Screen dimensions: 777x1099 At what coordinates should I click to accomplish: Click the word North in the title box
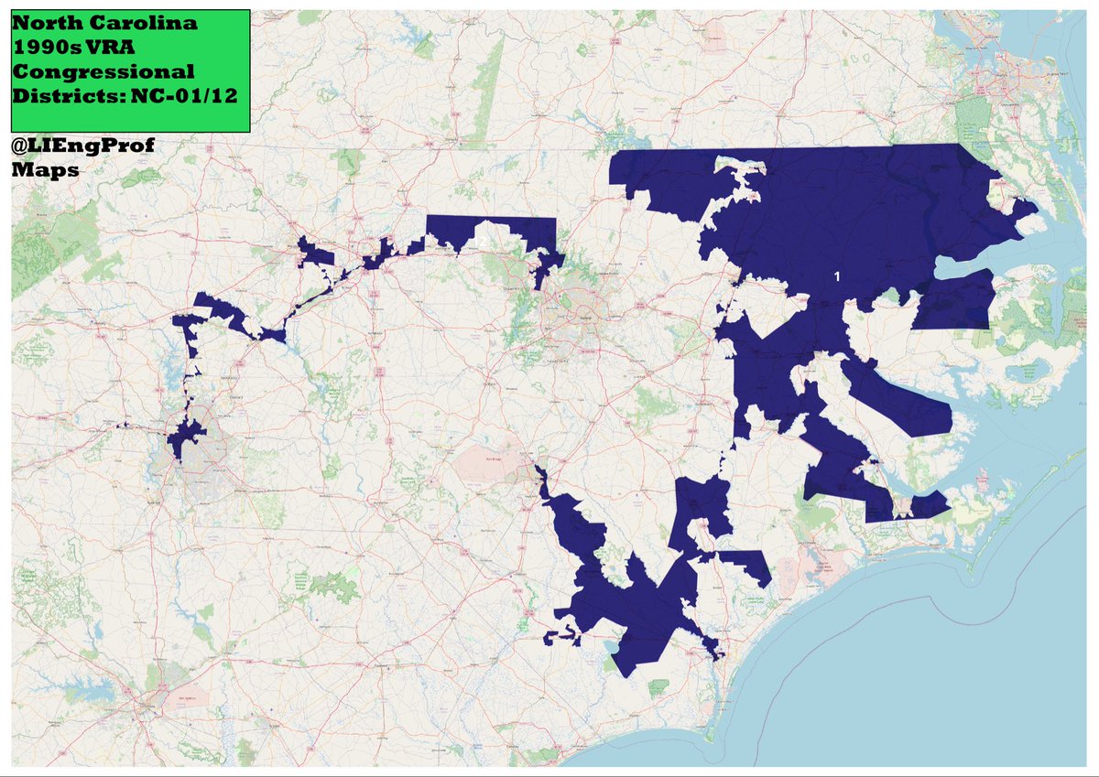[x=45, y=23]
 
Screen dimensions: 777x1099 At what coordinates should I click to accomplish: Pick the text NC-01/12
[x=178, y=94]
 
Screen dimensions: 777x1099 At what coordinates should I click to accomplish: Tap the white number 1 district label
[x=837, y=275]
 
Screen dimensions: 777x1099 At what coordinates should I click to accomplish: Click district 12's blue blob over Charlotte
[x=186, y=438]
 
